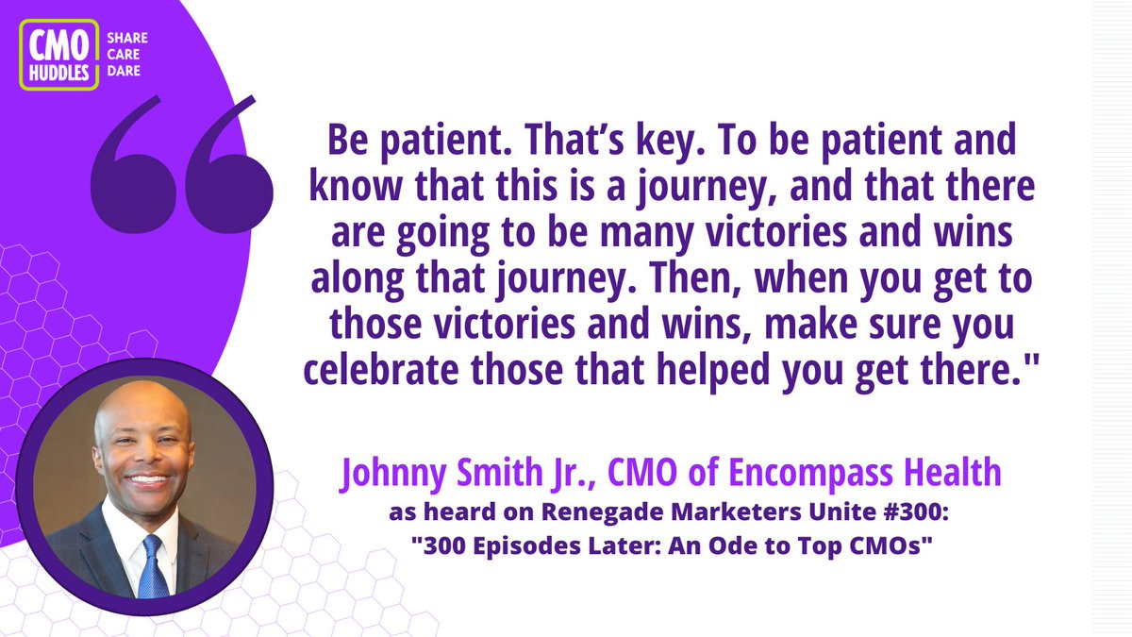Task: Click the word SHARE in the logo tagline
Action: [125, 39]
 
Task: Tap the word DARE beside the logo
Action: [124, 72]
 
